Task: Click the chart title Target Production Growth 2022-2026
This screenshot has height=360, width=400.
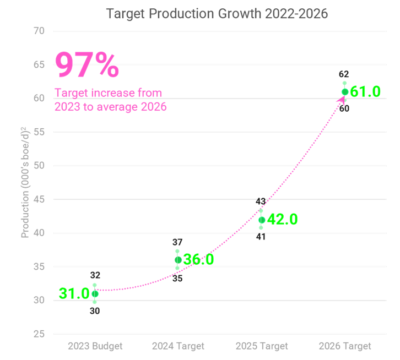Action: pos(217,13)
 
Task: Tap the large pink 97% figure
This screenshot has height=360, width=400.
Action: pos(87,66)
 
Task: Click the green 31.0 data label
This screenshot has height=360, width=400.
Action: pos(74,294)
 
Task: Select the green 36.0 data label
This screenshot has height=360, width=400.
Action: pos(198,260)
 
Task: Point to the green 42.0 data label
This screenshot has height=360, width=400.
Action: pos(282,220)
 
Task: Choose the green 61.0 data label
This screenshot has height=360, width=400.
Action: pos(365,92)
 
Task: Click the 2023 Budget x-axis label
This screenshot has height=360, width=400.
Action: pos(95,346)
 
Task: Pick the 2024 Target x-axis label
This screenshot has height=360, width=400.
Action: pos(178,346)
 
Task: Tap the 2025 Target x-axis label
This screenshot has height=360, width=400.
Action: pos(262,346)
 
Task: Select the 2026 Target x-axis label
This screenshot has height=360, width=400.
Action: pos(345,346)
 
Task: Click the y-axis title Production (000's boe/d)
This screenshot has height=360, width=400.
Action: pos(25,182)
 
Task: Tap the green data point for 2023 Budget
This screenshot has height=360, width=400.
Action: pos(95,294)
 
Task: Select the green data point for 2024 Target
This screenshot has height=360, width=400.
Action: pos(178,260)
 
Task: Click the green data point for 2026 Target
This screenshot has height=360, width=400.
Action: pos(345,92)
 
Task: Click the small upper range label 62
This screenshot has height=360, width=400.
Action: pos(344,74)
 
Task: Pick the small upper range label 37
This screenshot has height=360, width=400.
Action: pos(177,242)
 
